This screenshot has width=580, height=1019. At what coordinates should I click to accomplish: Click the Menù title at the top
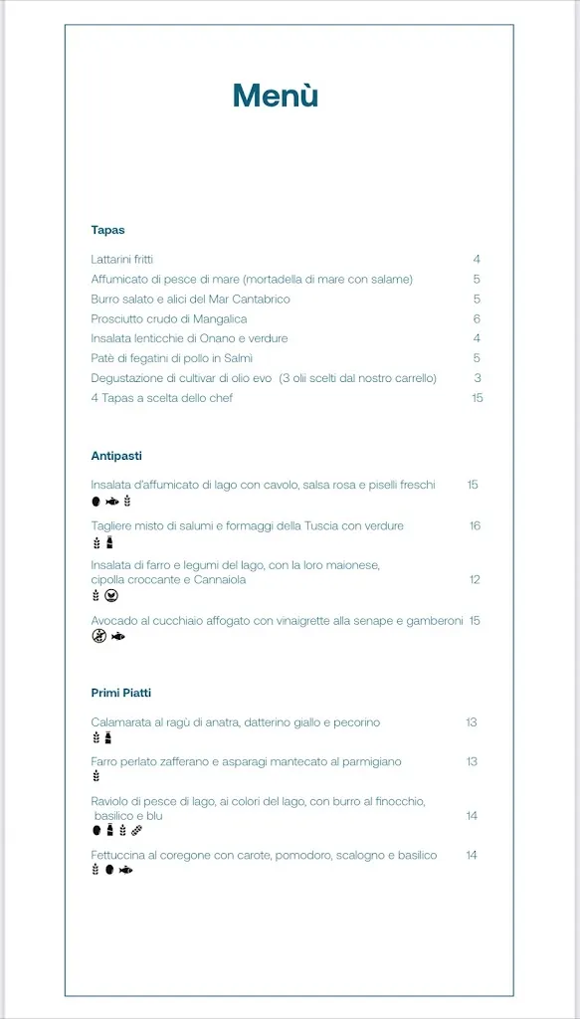tap(276, 96)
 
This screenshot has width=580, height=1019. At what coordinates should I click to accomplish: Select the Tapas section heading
tap(107, 230)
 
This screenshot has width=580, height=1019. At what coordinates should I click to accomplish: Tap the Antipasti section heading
tap(116, 456)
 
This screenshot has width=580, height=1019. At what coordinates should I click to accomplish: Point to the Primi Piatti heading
tap(121, 693)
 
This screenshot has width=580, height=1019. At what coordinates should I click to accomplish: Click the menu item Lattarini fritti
tap(122, 260)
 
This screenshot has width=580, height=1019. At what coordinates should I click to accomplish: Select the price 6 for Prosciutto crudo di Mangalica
tap(477, 319)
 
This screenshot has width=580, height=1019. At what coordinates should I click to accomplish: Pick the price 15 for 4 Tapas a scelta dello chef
tap(477, 398)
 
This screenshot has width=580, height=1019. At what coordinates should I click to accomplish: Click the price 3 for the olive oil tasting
tap(478, 378)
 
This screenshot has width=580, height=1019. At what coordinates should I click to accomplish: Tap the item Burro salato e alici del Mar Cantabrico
tap(190, 300)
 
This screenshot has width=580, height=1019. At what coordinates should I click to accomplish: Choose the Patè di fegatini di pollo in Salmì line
tap(172, 358)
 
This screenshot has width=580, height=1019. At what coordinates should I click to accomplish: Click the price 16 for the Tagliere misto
tap(475, 525)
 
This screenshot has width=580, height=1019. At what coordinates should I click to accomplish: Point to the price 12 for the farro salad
tap(475, 579)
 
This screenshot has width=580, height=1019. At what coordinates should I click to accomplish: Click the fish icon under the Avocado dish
tap(118, 637)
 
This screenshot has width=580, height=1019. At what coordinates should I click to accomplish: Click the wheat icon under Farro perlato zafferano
tap(97, 776)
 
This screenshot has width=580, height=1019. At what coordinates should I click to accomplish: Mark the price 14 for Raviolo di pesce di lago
tap(472, 816)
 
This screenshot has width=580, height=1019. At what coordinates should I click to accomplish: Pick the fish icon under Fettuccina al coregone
tap(125, 870)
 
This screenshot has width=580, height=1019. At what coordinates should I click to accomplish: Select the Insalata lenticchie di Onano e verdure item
tap(189, 338)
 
